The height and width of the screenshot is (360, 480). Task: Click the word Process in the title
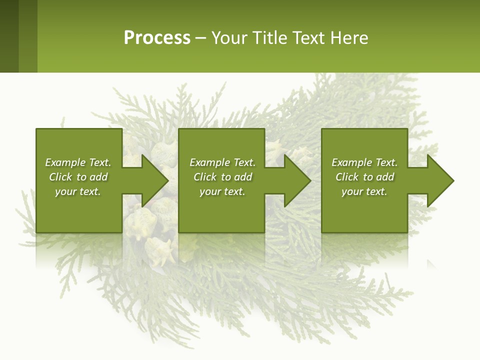157,38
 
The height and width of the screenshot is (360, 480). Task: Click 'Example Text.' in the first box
78,162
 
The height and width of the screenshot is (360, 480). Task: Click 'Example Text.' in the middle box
222,162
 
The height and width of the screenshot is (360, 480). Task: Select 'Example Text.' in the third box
364,162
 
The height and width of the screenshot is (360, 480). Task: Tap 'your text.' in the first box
78,191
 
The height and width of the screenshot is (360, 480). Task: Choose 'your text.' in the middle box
222,191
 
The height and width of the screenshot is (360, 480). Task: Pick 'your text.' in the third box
364,191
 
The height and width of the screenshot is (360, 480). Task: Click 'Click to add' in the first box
78,177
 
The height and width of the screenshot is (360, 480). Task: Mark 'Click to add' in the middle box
222,177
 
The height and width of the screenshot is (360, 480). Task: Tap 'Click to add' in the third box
364,177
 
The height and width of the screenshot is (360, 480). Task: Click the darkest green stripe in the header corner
9,36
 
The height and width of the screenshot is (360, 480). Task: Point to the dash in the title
200,38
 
